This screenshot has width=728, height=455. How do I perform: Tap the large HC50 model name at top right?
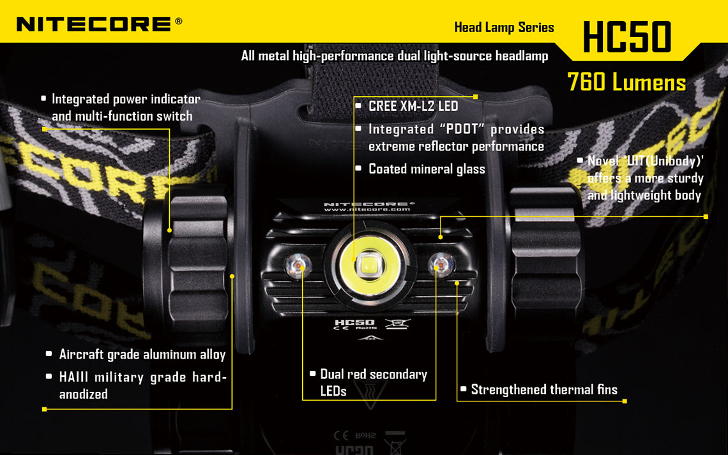pos(627,37)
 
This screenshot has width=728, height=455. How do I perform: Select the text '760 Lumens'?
pos(627,82)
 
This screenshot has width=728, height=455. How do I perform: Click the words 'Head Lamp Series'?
pos(504,27)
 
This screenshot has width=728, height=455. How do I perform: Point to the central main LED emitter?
pos(368,265)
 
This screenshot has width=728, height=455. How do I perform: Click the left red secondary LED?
pos(298,265)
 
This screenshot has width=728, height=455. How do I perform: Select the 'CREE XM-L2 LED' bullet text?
pos(413,106)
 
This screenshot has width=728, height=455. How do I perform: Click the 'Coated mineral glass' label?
pos(427,169)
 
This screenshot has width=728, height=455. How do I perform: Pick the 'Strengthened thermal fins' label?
pos(544,390)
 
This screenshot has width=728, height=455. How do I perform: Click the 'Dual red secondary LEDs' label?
pos(374,383)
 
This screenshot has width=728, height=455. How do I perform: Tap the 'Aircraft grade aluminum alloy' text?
pos(142,355)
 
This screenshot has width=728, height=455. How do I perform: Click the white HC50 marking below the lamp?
pos(354,322)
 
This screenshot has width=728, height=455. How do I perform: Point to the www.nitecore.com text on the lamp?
pos(367,209)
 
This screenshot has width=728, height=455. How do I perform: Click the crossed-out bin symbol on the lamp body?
pos(398,324)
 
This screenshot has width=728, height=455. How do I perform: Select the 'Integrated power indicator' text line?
pos(126,100)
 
